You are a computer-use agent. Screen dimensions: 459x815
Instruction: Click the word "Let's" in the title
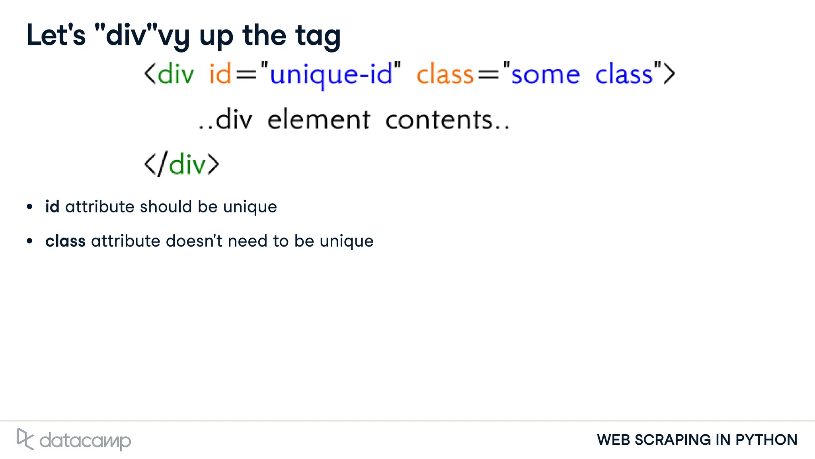pyautogui.click(x=56, y=35)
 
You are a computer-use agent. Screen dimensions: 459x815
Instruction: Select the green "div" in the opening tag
pyautogui.click(x=175, y=74)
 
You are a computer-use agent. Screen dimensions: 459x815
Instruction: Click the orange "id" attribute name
pyautogui.click(x=220, y=74)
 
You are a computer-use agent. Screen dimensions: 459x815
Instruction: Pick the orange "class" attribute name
pyautogui.click(x=445, y=74)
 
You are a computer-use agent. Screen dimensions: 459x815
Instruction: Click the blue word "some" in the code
pyautogui.click(x=546, y=75)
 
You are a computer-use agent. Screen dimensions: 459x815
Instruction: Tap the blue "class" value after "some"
pyautogui.click(x=624, y=74)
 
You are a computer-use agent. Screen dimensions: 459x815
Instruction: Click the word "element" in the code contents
pyautogui.click(x=319, y=120)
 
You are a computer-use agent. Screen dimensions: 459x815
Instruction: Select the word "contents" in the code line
pyautogui.click(x=439, y=120)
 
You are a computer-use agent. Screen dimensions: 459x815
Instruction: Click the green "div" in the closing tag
pyautogui.click(x=187, y=164)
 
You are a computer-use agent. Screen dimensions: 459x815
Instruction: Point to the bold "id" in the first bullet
pyautogui.click(x=52, y=206)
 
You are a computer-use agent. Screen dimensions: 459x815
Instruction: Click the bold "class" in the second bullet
pyautogui.click(x=65, y=241)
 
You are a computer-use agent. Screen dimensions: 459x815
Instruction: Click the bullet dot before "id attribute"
pyautogui.click(x=29, y=207)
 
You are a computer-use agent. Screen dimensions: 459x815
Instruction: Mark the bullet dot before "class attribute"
pyautogui.click(x=29, y=241)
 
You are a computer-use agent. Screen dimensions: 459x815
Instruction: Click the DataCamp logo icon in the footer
pyautogui.click(x=25, y=439)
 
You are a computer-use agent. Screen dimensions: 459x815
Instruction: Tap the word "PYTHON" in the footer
pyautogui.click(x=766, y=440)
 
